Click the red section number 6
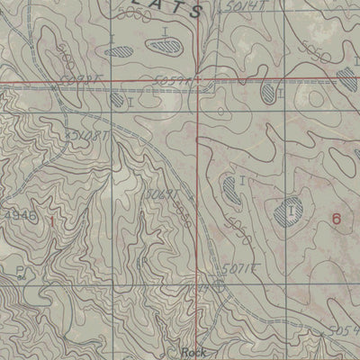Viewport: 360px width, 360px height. point(336,218)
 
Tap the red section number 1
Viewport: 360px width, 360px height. point(51,220)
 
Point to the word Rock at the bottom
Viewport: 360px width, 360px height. point(193,352)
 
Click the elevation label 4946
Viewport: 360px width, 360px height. point(15,217)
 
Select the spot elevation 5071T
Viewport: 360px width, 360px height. point(235,268)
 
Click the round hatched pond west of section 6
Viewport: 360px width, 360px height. point(291,211)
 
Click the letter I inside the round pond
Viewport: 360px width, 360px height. point(292,211)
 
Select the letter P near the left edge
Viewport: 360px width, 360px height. point(19,269)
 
